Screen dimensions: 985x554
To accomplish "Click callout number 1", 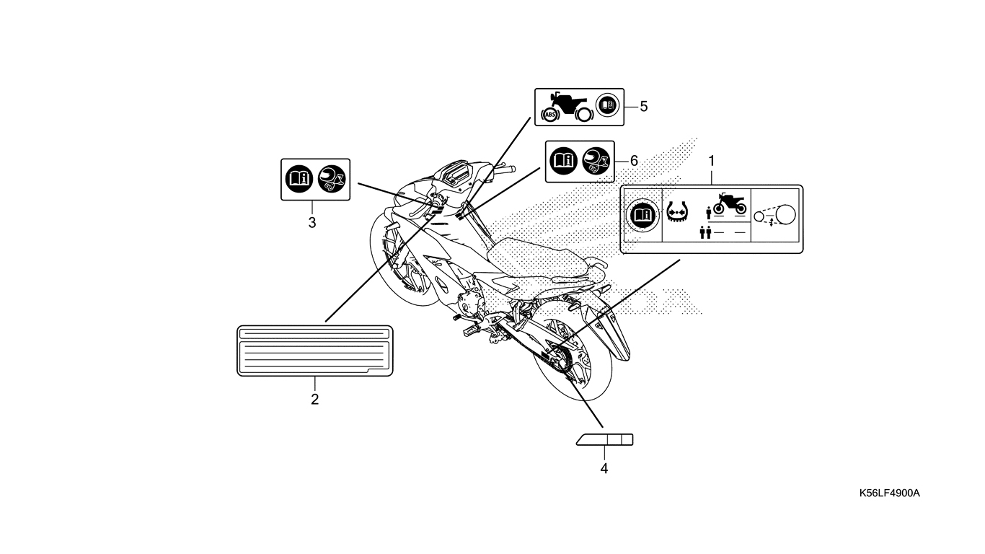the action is point(712,162).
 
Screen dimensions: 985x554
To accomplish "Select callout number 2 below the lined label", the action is point(315,400).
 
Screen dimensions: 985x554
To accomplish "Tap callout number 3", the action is point(312,223).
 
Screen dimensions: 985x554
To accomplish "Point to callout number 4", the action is point(604,469).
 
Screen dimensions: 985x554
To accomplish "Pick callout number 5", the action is point(644,107).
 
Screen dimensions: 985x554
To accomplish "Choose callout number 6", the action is point(634,161).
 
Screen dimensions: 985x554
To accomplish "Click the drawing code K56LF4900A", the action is point(890,493).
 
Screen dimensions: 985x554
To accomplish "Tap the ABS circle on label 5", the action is point(550,115).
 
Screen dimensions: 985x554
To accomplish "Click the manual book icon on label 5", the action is point(607,105).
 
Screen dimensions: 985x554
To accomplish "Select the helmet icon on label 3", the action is point(332,180).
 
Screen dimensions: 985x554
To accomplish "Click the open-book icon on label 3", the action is point(299,180).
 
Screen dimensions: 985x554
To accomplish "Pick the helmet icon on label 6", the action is point(596,161).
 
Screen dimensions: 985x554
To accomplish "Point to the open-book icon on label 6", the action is point(563,161).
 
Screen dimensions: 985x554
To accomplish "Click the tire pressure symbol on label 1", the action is point(677,211).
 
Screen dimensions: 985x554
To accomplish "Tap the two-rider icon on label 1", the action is point(705,232).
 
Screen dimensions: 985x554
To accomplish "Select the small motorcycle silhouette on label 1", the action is point(730,204).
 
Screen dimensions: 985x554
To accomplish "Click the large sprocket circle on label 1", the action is point(786,214).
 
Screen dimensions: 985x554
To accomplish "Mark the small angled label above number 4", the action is point(605,439).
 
